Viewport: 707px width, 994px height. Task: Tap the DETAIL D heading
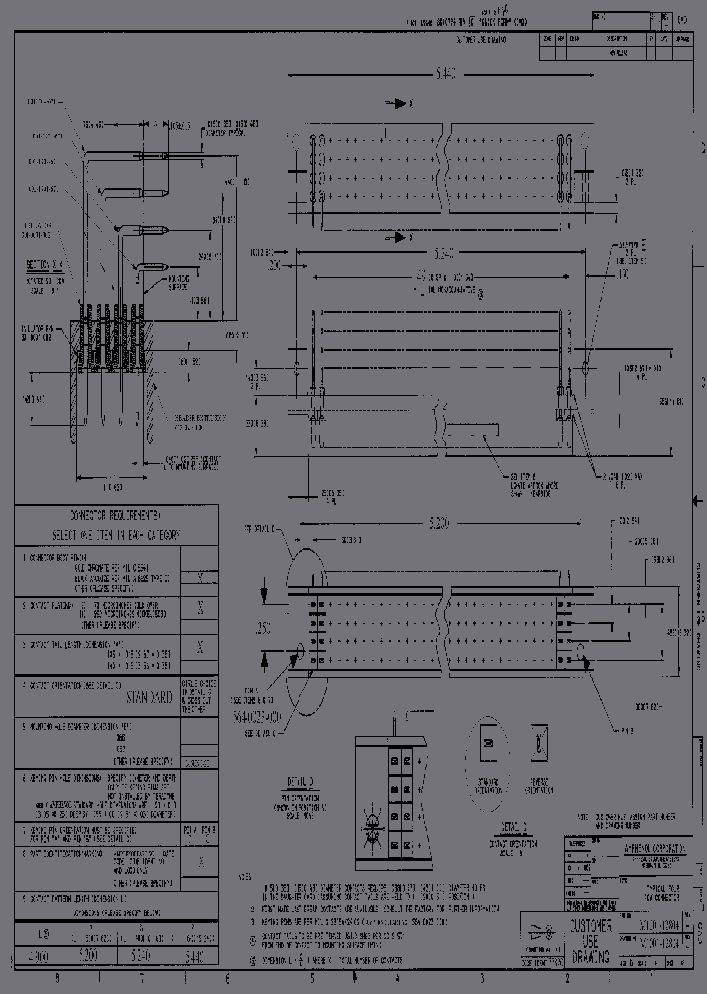point(300,780)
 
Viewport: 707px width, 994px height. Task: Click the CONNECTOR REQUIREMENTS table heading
point(116,515)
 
